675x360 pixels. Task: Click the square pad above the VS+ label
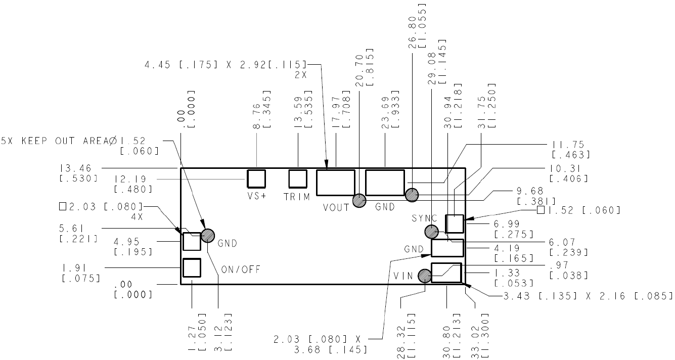point(256,178)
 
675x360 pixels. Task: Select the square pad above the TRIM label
point(297,178)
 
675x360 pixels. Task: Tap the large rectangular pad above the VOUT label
point(336,183)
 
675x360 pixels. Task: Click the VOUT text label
point(336,207)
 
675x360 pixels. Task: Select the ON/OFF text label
point(241,269)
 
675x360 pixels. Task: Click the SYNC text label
point(424,218)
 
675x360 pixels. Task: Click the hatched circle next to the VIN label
point(425,276)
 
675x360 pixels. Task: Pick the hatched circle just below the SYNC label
point(431,232)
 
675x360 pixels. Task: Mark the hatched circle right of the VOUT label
point(359,201)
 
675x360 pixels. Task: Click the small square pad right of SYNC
point(454,223)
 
